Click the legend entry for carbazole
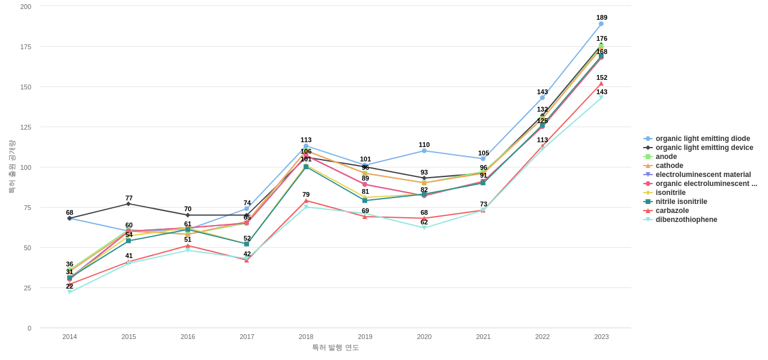[672, 211]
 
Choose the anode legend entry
[666, 157]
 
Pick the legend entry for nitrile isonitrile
[681, 202]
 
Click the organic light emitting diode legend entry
[702, 139]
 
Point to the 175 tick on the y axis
[26, 47]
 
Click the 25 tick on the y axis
[28, 288]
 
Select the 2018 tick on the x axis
[306, 337]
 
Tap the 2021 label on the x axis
[483, 337]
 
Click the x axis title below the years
[335, 347]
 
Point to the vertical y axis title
[12, 167]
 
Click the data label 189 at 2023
[602, 17]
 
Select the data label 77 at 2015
[129, 198]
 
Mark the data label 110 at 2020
[424, 145]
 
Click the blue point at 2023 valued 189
[601, 24]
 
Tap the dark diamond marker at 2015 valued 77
[128, 204]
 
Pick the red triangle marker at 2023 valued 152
[601, 83]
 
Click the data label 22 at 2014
[70, 286]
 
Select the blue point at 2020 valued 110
[424, 151]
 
